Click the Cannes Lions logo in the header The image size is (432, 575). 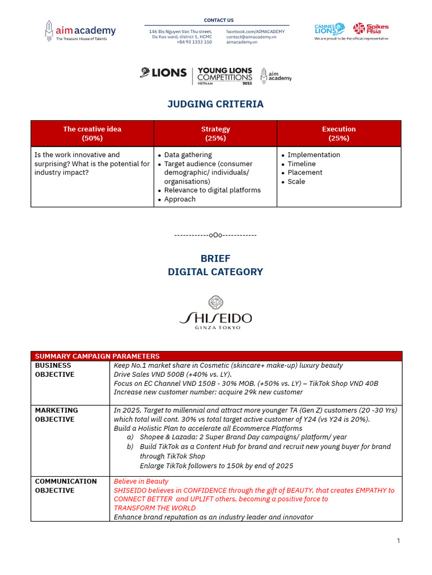tap(330, 29)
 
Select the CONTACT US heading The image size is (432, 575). tap(219, 20)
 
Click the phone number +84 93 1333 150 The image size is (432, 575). tap(194, 42)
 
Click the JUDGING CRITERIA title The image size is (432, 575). tap(216, 104)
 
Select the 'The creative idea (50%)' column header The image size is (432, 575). tap(92, 133)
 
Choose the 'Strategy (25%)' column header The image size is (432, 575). tap(215, 133)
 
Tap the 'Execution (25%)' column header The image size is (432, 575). tap(339, 133)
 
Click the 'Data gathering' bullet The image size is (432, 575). tap(188, 154)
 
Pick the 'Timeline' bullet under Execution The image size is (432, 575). tap(301, 163)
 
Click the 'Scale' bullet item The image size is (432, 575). tap(296, 181)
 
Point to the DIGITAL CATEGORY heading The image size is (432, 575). tap(215, 272)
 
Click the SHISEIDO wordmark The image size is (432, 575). tap(216, 318)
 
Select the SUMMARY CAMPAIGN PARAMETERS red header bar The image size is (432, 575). tap(216, 356)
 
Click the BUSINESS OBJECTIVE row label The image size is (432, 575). tap(55, 369)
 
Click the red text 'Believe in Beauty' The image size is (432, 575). tap(141, 481)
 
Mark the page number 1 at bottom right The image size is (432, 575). tap(398, 541)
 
